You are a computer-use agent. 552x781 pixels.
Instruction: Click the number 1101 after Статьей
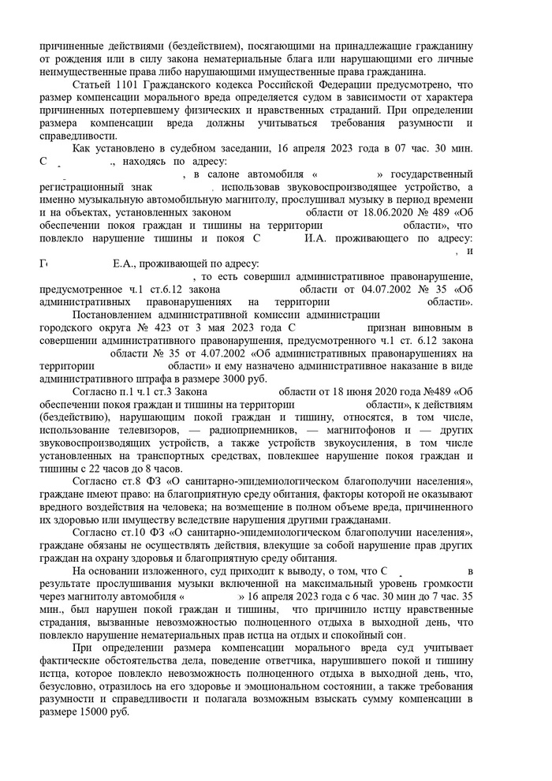[125, 84]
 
